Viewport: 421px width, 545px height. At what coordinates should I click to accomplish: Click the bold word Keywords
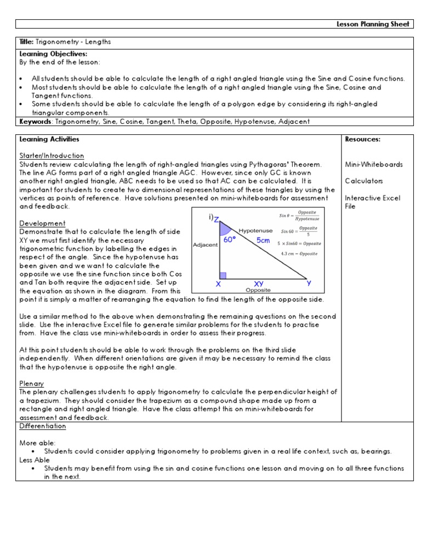tap(36, 121)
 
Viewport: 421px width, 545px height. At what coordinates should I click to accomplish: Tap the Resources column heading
tap(362, 139)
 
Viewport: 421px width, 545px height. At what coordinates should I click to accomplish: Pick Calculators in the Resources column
tap(364, 181)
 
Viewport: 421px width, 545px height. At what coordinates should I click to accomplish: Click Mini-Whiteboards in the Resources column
tap(373, 164)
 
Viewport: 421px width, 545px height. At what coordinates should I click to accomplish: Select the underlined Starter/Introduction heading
tap(52, 156)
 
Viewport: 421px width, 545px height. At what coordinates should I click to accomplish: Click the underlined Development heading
tap(42, 223)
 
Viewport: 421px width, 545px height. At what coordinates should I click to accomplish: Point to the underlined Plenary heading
tap(32, 383)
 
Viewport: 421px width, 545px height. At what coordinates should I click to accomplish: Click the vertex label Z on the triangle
tap(217, 220)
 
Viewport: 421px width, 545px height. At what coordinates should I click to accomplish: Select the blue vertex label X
tap(218, 284)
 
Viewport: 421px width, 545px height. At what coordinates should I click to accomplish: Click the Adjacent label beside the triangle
tap(206, 245)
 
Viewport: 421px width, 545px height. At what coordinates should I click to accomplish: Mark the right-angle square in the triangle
tap(223, 275)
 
